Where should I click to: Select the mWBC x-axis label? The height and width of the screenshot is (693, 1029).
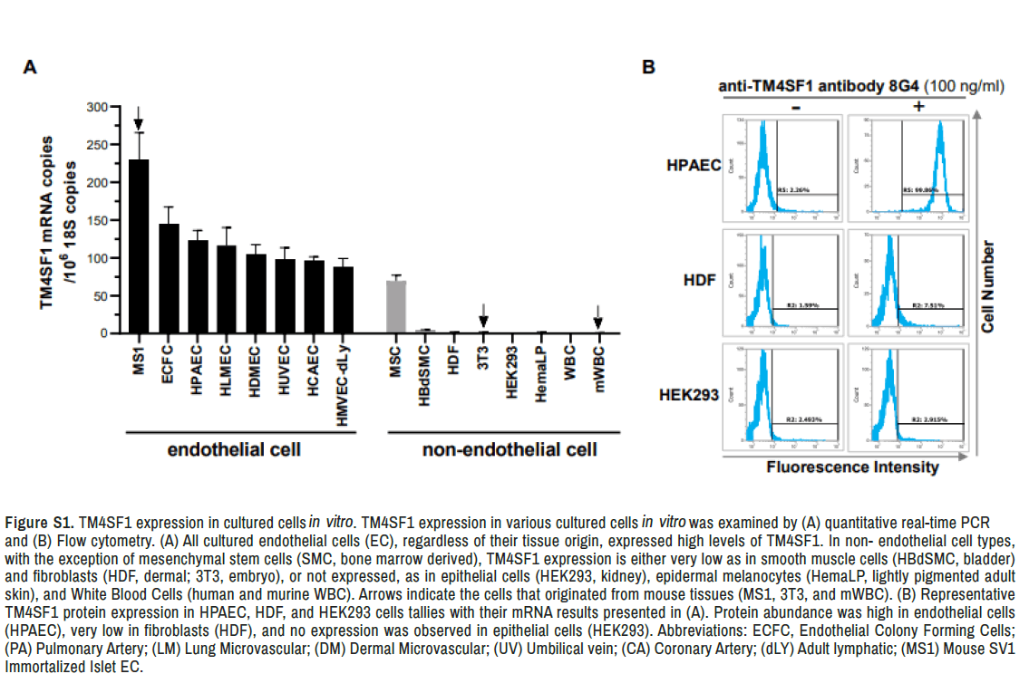[x=597, y=363]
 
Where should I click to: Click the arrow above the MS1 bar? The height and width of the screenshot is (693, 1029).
[x=138, y=118]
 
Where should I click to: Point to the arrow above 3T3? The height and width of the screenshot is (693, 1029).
[x=483, y=315]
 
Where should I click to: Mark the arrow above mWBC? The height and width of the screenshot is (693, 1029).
[x=597, y=315]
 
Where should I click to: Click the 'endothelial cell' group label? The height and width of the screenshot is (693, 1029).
[x=234, y=449]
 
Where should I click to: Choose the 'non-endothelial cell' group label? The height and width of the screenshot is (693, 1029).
[x=510, y=449]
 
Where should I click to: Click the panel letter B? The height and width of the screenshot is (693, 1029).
[x=648, y=67]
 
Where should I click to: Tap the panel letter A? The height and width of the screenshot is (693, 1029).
[x=30, y=67]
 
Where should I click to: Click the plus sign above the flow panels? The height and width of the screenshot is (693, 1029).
[x=917, y=106]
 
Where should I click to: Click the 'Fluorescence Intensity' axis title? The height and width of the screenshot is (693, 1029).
[x=852, y=468]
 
